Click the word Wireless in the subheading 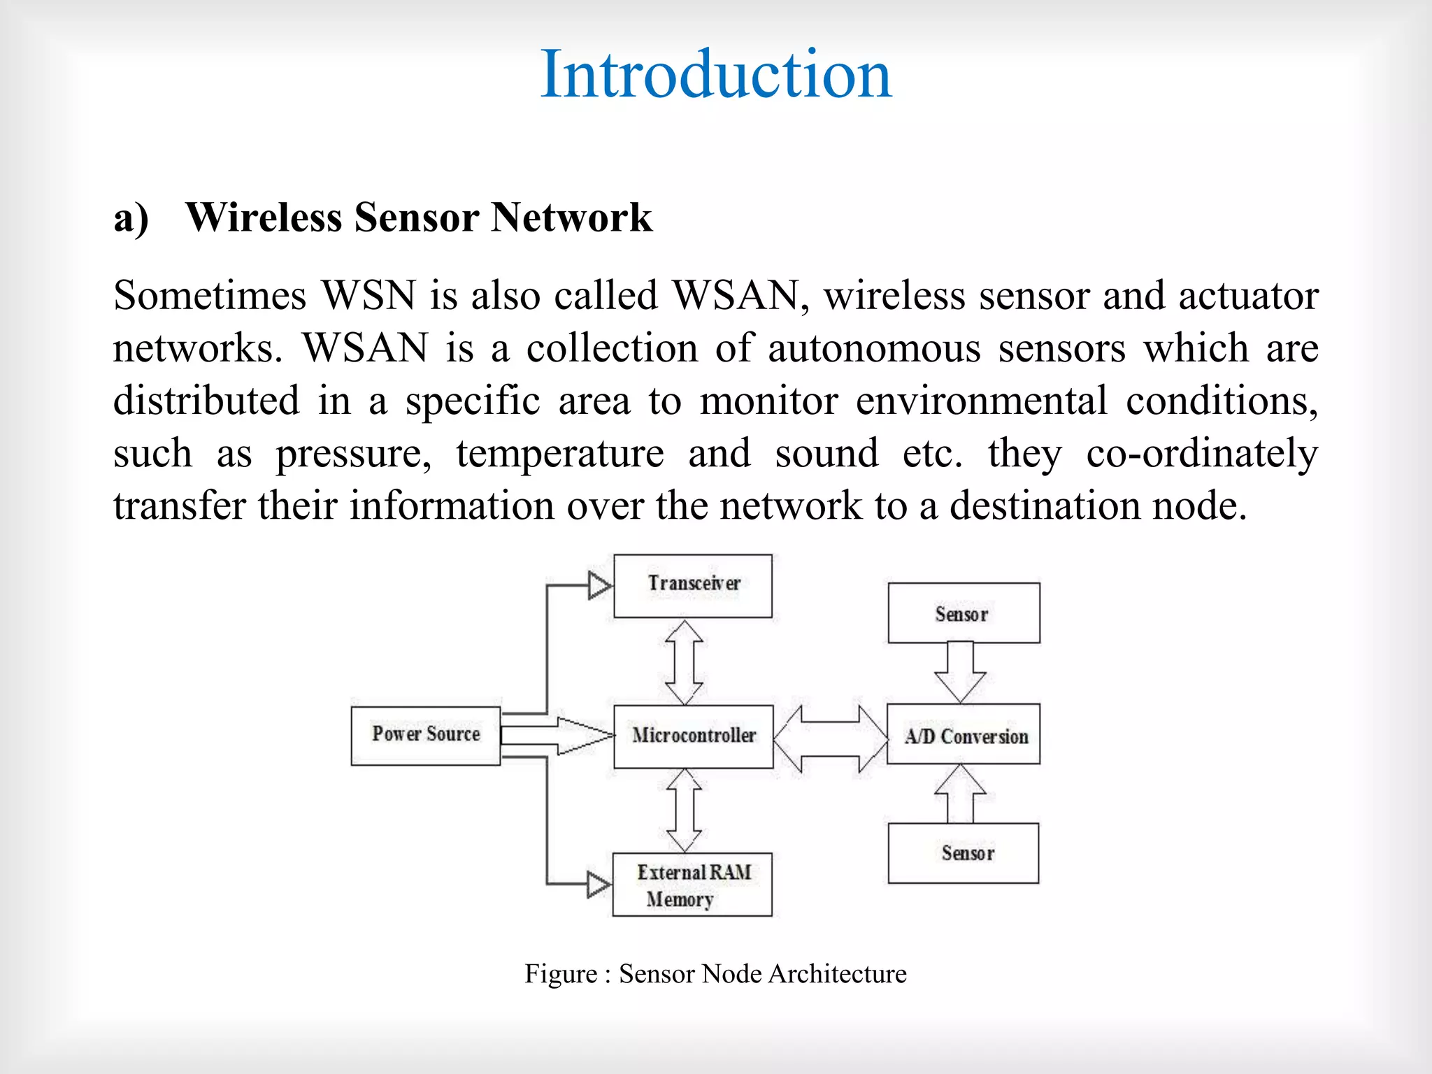click(264, 217)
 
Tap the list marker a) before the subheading click(131, 218)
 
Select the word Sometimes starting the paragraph click(209, 295)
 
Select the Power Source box click(425, 736)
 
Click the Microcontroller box click(693, 736)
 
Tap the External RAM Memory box click(692, 885)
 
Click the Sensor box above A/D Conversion click(963, 613)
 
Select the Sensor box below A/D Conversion click(963, 853)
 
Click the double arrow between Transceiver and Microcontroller click(684, 661)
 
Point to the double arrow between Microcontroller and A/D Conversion click(830, 738)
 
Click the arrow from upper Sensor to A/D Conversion click(960, 671)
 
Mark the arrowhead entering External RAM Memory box click(598, 885)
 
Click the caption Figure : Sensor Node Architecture click(715, 974)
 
